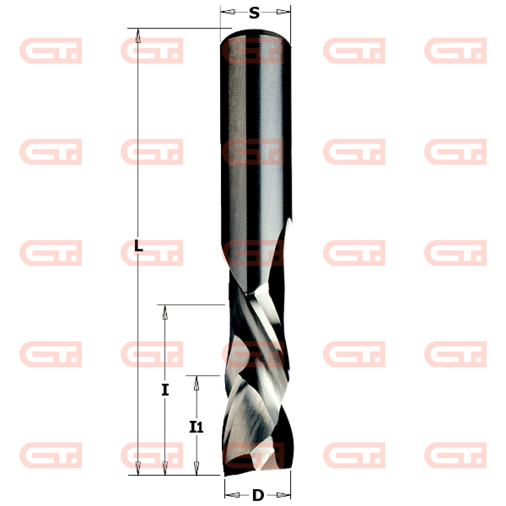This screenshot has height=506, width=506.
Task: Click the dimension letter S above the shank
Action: coord(254,13)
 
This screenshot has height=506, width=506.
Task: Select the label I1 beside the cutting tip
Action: coord(196,428)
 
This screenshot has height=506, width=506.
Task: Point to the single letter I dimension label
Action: coord(165,390)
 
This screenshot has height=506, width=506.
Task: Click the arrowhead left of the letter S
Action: coord(228,12)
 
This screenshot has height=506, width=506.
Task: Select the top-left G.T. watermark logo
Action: coord(51,51)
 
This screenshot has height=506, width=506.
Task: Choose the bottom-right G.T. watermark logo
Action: coord(455,455)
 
